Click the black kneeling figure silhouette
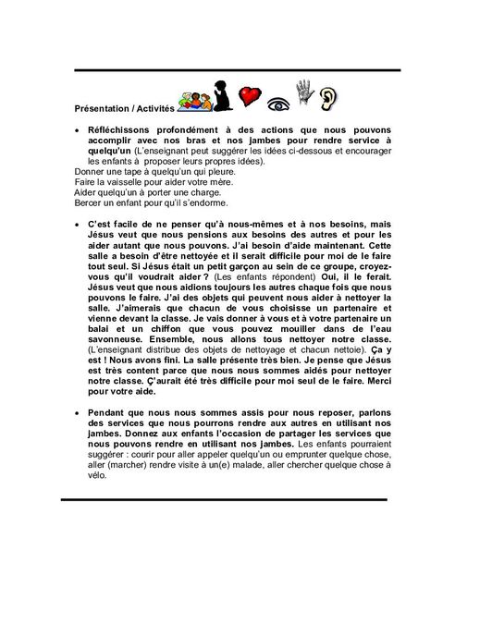click(x=221, y=93)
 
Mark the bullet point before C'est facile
click(x=76, y=226)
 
